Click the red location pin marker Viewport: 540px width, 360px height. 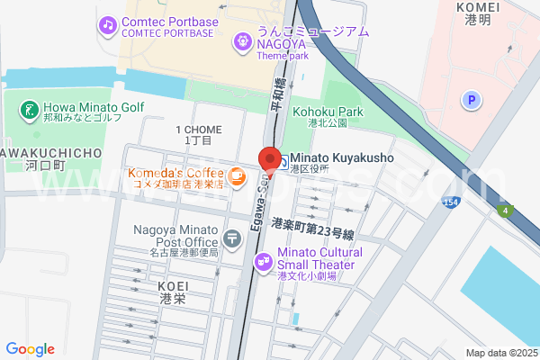pos(269,158)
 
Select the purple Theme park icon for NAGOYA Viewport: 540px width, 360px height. pos(242,40)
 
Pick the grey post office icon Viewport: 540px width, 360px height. pos(233,238)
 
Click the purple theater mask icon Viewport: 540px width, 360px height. pos(263,261)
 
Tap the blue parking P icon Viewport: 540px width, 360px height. pos(470,101)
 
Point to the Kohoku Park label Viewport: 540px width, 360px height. pos(327,112)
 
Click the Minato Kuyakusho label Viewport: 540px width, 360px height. pos(341,157)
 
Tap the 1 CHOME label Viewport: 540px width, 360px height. pos(198,130)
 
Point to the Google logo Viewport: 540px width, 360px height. pos(30,349)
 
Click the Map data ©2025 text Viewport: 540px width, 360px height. pos(499,353)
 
